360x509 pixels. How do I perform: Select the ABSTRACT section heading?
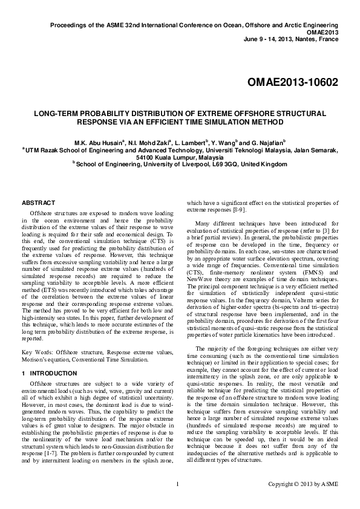38,203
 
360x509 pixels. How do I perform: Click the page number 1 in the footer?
177,501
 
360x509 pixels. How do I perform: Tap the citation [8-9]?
238,210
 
